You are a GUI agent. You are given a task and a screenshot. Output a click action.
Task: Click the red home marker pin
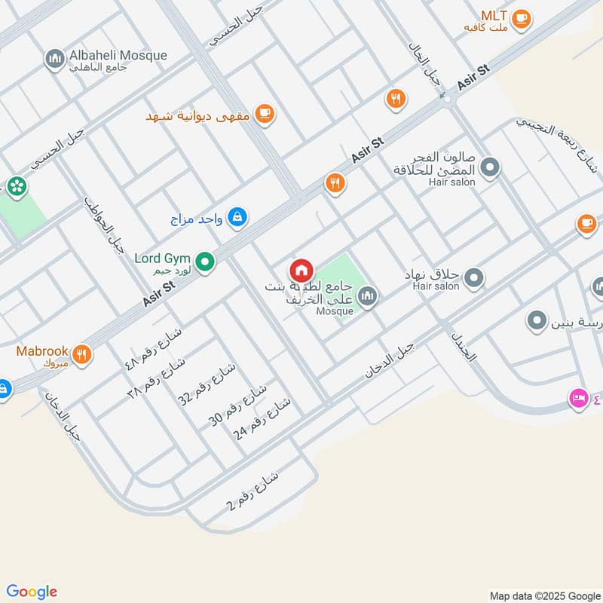301,271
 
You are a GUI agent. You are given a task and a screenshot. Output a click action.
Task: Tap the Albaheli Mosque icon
55,60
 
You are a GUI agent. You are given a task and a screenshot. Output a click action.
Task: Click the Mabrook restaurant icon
82,354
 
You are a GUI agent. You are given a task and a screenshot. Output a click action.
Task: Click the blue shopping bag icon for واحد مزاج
237,218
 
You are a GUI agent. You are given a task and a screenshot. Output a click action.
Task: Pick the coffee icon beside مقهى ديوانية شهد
264,114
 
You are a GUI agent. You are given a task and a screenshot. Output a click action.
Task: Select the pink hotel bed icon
579,397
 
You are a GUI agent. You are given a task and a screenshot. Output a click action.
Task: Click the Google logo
32,592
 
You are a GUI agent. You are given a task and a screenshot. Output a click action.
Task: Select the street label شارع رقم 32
207,385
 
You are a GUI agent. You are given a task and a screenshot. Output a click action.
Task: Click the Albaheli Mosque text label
118,56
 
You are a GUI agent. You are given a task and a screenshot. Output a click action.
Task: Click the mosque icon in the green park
367,296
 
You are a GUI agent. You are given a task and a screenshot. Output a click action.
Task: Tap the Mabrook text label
42,351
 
